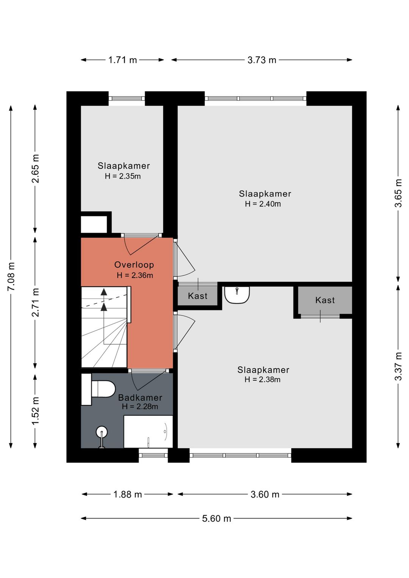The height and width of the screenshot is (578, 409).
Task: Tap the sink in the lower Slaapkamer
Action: pos(237,294)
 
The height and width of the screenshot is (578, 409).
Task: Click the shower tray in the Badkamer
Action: pos(148,431)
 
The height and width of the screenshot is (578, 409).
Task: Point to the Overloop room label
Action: pos(134,265)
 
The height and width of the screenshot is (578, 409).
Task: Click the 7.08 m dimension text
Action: pos(11,276)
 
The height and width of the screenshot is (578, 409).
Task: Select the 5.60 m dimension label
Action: pos(216,519)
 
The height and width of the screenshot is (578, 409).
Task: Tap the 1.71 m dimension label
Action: pos(123,60)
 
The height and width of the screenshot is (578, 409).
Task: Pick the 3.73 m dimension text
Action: pos(262,60)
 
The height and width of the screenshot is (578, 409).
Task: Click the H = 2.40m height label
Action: pos(263,204)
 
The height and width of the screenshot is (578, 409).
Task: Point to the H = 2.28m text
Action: pos(140,406)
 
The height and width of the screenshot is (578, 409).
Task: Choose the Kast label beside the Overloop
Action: pos(198,296)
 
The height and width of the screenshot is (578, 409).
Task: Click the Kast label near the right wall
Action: pos(325,300)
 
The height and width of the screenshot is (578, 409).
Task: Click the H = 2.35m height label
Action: pos(123,176)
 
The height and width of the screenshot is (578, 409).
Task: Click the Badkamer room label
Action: pos(140,398)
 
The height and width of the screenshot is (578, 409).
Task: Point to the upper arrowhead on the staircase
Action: pos(104,292)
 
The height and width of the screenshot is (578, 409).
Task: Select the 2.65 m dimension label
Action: pos(35,169)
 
